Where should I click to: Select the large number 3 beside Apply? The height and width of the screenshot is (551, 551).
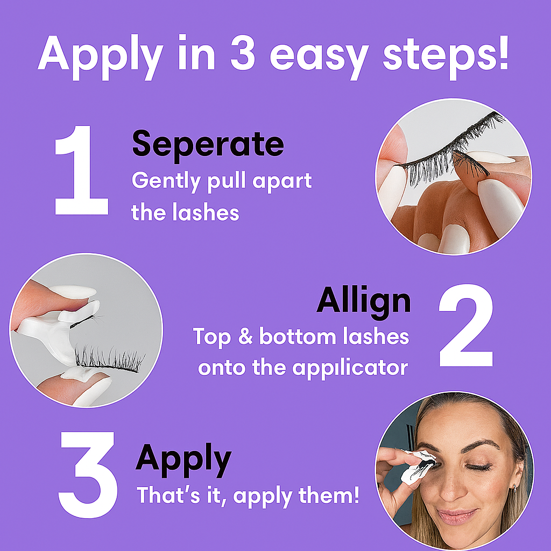click(x=88, y=473)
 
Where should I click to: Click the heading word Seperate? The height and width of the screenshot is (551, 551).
click(x=207, y=144)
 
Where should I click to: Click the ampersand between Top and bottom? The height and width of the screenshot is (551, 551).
click(x=245, y=337)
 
